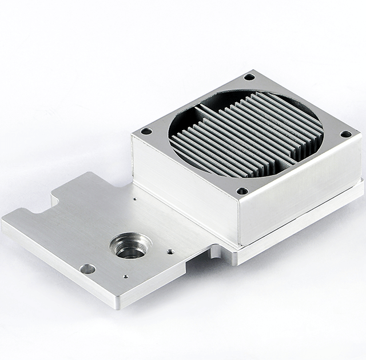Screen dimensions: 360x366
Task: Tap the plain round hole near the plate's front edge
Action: (x=87, y=267)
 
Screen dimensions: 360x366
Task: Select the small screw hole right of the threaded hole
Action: (x=170, y=250)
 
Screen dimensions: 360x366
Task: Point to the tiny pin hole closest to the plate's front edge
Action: (x=125, y=277)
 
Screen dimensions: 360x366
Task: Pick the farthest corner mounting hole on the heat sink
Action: (x=249, y=77)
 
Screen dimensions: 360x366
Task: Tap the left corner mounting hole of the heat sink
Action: (x=146, y=131)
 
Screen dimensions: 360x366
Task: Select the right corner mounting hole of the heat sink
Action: (x=345, y=135)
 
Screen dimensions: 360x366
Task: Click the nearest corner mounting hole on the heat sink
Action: (x=242, y=191)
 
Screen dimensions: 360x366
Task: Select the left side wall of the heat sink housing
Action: (x=183, y=183)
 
